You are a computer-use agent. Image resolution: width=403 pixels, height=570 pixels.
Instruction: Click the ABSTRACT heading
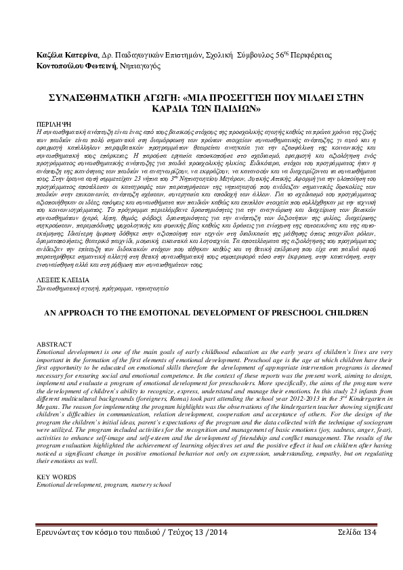click(52, 345)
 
